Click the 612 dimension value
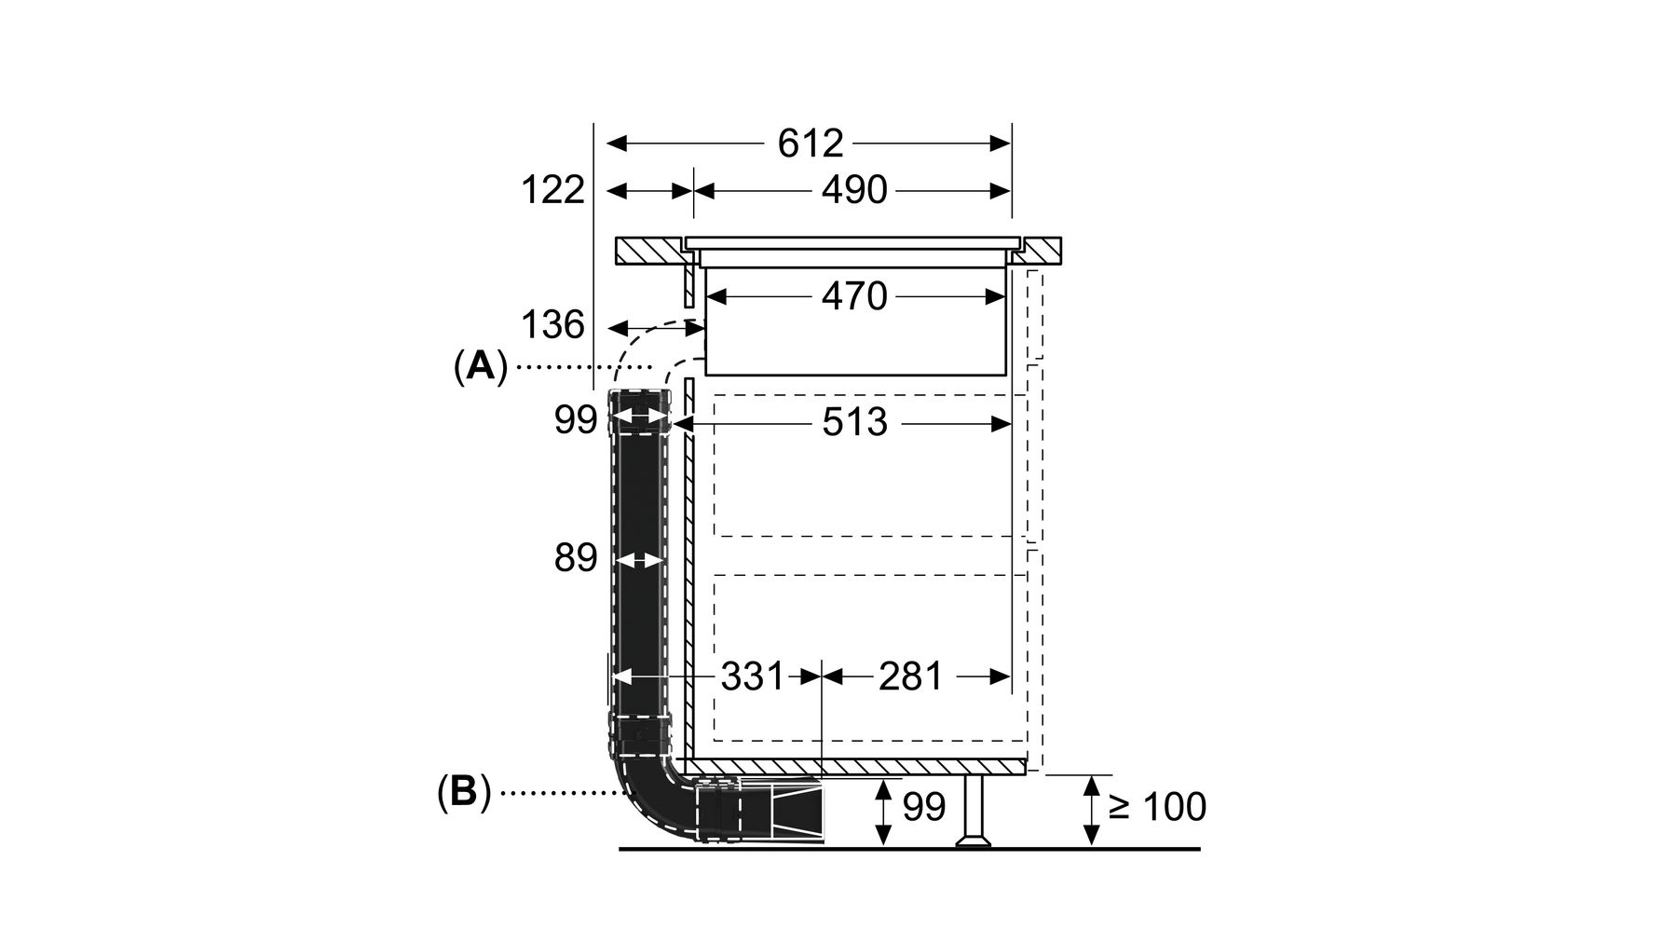[x=810, y=143]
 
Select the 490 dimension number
[x=853, y=190]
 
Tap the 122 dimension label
[x=552, y=190]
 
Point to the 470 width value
[x=853, y=297]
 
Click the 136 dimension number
[x=552, y=326]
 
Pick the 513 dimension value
[x=854, y=423]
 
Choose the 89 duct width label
[x=575, y=558]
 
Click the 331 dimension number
[x=753, y=676]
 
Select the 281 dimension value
[x=910, y=676]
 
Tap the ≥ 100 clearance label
[x=1158, y=807]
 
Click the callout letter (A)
[x=481, y=367]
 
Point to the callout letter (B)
[x=464, y=793]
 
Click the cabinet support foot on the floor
[x=974, y=811]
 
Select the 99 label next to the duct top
[x=576, y=421]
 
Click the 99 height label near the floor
[x=924, y=807]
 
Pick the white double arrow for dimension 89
[x=638, y=561]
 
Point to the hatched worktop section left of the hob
[x=648, y=251]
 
